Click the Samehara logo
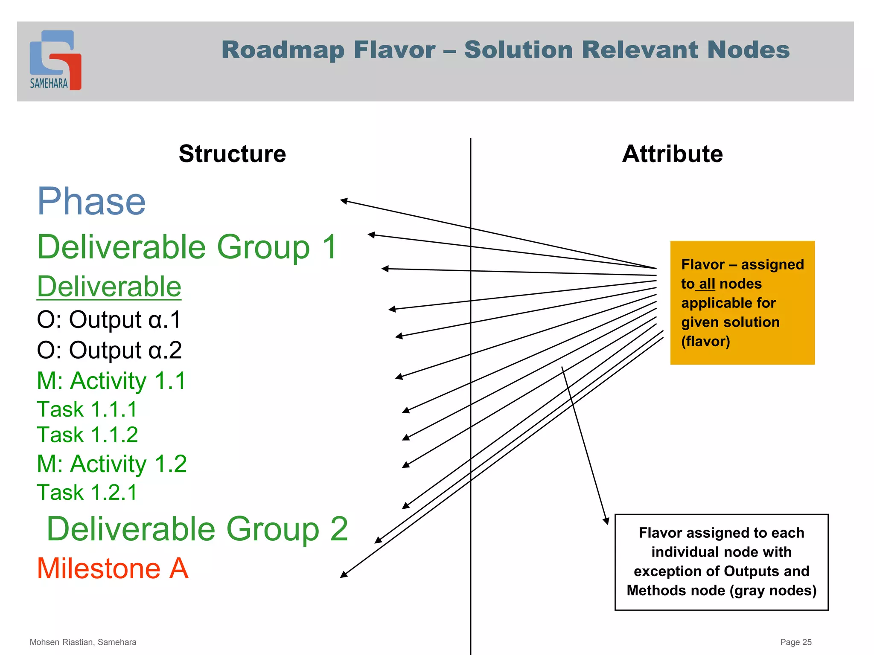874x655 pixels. (55, 60)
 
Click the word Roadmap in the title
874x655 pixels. (283, 50)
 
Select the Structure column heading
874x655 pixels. (232, 154)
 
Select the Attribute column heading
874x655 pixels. (672, 154)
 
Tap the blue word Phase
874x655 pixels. (92, 202)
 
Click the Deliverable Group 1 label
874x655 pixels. (187, 247)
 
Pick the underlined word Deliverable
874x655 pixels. (109, 287)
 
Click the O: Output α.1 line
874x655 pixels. (109, 320)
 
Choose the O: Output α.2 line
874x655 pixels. (109, 351)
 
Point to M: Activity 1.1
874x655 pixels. (111, 381)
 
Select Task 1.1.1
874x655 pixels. (87, 409)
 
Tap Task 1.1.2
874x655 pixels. (87, 435)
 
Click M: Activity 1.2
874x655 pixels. (112, 464)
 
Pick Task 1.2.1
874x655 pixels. (87, 493)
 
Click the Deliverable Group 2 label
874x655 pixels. (197, 529)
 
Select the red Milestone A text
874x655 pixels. (113, 569)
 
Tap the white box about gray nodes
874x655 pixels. (721, 562)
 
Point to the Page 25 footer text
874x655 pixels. (795, 642)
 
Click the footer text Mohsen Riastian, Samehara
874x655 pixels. (83, 642)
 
